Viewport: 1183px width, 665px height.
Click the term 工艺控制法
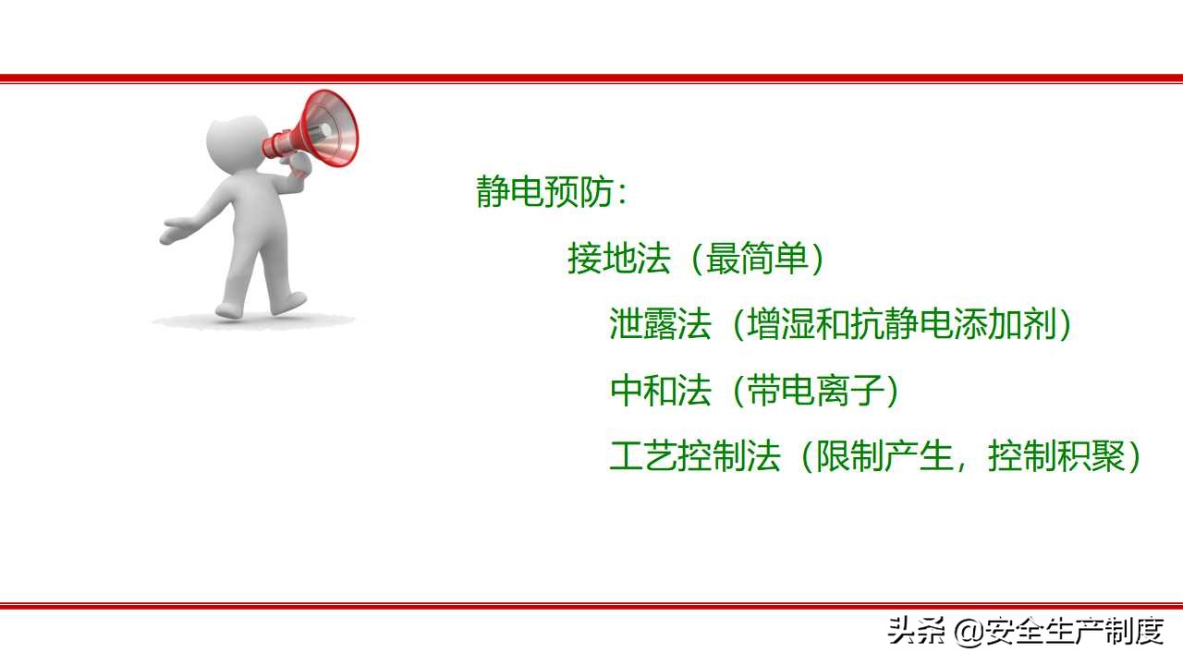click(695, 456)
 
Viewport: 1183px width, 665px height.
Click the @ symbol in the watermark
click(967, 633)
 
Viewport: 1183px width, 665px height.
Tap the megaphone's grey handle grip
click(299, 165)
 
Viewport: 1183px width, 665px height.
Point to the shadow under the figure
click(254, 321)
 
